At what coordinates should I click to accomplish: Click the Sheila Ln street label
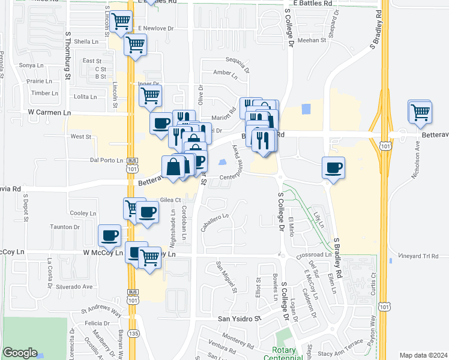[86, 41]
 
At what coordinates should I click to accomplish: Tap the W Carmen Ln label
[49, 112]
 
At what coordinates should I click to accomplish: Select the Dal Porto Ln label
[106, 160]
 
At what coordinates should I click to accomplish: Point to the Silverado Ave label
[75, 287]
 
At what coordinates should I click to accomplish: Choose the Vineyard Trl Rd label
[418, 256]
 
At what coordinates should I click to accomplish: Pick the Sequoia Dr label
[237, 59]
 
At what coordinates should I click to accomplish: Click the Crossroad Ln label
[313, 255]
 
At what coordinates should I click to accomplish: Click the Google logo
[20, 353]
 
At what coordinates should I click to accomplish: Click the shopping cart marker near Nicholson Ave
[420, 111]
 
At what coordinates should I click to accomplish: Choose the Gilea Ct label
[170, 200]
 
